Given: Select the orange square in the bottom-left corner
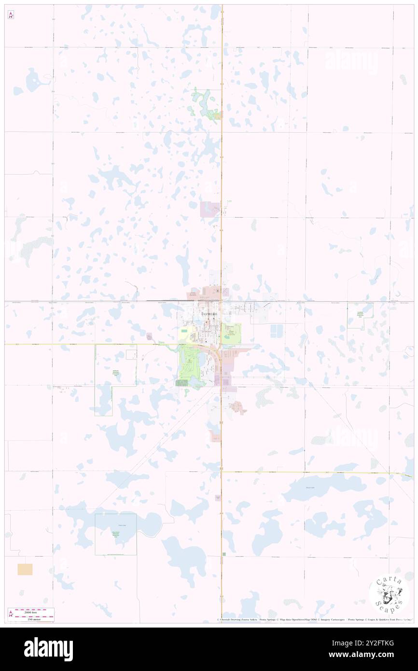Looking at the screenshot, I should [x=25, y=569].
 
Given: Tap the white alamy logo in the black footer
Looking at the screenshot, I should [x=48, y=649].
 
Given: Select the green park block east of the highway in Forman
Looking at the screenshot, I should [x=233, y=334].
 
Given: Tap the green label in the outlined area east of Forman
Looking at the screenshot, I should [x=360, y=314].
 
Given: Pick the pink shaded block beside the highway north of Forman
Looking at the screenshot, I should [x=209, y=209].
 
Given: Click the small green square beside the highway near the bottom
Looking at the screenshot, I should [x=224, y=554].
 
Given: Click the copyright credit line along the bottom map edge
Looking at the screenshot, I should [x=314, y=619].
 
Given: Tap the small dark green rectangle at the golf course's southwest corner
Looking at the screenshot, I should [x=182, y=383].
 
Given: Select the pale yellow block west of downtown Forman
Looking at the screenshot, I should [x=184, y=333].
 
